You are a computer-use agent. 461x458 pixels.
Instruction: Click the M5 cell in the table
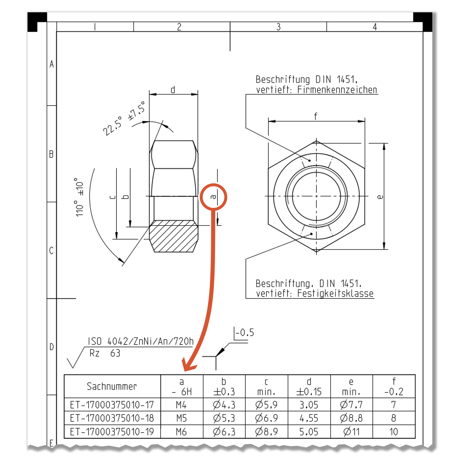coord(181,418)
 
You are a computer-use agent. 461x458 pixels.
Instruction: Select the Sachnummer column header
coord(112,387)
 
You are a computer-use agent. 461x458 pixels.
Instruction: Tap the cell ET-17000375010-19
coord(112,432)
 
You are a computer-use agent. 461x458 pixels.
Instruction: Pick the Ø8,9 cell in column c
coord(266,432)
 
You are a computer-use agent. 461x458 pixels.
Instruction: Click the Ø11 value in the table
coord(351,432)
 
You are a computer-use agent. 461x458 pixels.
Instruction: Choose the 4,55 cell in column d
coord(309,418)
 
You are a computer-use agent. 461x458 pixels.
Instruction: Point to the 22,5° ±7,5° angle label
coord(124,119)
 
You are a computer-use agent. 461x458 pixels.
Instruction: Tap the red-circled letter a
coord(213,197)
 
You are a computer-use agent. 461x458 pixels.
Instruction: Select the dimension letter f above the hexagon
coord(315,117)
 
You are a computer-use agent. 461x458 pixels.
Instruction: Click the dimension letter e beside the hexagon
coord(380,197)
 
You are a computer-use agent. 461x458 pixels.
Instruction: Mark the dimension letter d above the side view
coord(173,90)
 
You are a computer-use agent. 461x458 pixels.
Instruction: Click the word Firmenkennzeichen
coord(337,90)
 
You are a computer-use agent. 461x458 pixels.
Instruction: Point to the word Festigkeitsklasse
coord(335,293)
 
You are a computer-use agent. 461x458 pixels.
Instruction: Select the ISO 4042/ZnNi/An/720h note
coord(141,341)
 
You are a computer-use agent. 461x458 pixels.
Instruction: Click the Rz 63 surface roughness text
coord(105,353)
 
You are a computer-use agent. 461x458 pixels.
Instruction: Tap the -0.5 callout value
coord(245,333)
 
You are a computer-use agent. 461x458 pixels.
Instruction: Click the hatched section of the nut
coord(173,237)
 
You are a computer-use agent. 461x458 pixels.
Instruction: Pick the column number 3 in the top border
coord(278,27)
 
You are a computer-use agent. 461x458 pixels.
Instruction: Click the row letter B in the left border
coord(51,154)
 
